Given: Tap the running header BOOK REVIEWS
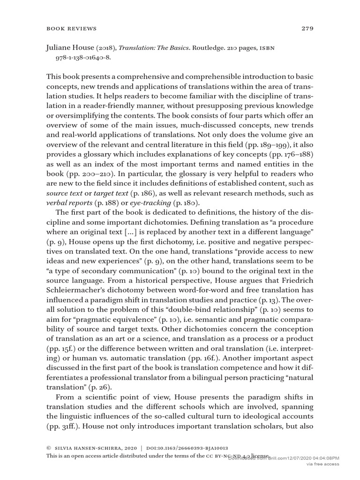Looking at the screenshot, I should (x=72, y=29).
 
